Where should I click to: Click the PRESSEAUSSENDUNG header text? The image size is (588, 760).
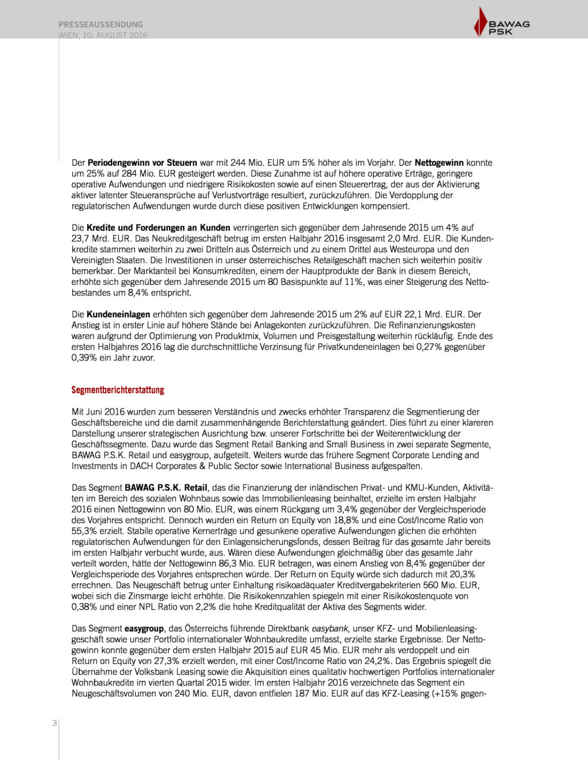pyautogui.click(x=101, y=24)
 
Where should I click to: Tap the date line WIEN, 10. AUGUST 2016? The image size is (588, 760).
pyautogui.click(x=103, y=35)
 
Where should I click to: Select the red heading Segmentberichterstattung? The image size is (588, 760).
pyautogui.click(x=118, y=390)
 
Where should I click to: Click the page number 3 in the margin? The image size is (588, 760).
pyautogui.click(x=54, y=723)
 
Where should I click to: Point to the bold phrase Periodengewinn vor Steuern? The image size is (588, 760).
pyautogui.click(x=142, y=163)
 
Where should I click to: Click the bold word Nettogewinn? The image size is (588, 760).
pyautogui.click(x=439, y=163)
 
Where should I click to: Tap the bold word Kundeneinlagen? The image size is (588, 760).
pyautogui.click(x=118, y=314)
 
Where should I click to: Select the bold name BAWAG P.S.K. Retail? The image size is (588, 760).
pyautogui.click(x=166, y=488)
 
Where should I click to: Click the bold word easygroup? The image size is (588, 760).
pyautogui.click(x=145, y=629)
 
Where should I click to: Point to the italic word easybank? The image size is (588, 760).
pyautogui.click(x=330, y=629)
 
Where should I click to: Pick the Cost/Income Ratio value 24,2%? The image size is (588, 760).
pyautogui.click(x=378, y=661)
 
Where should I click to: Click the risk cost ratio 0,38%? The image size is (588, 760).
pyautogui.click(x=84, y=607)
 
